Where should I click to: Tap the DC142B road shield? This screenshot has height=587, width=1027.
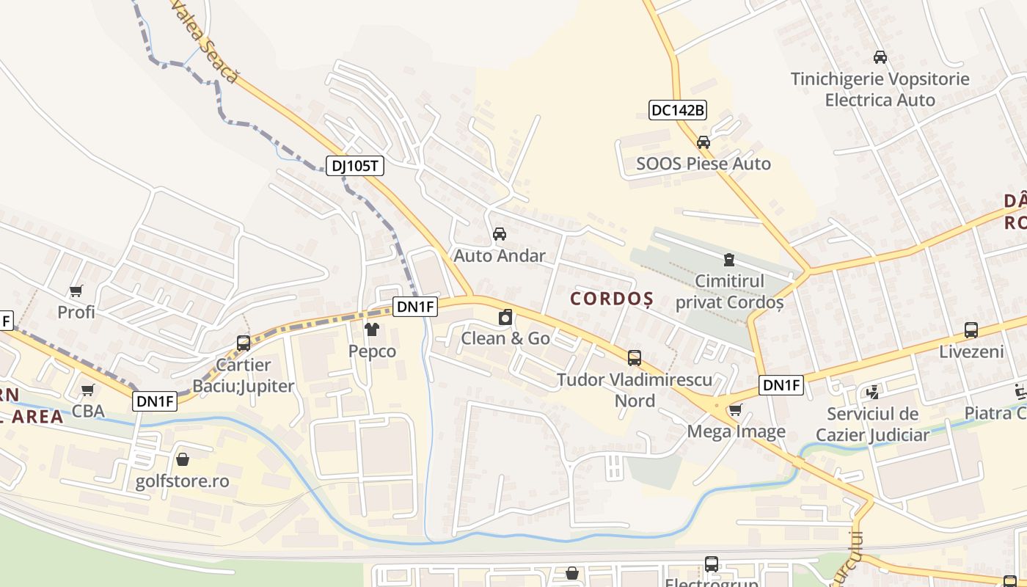pyautogui.click(x=678, y=110)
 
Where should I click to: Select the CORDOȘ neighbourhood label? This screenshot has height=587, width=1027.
pyautogui.click(x=612, y=299)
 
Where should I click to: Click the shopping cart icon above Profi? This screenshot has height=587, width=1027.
pyautogui.click(x=76, y=291)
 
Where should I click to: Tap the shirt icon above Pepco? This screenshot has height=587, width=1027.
pyautogui.click(x=372, y=330)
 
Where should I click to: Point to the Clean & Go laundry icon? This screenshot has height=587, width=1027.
pyautogui.click(x=505, y=318)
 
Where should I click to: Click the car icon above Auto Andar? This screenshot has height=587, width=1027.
pyautogui.click(x=500, y=234)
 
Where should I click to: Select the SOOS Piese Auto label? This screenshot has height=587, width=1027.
pyautogui.click(x=703, y=164)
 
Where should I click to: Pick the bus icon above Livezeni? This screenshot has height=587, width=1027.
pyautogui.click(x=971, y=330)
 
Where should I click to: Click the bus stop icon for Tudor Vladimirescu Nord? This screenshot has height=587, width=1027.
pyautogui.click(x=635, y=358)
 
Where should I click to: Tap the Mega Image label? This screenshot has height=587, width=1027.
pyautogui.click(x=736, y=431)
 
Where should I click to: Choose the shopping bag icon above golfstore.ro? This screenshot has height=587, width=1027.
pyautogui.click(x=183, y=460)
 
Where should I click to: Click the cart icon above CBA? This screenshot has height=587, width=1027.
pyautogui.click(x=88, y=390)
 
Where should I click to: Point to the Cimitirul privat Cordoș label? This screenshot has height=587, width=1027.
pyautogui.click(x=729, y=291)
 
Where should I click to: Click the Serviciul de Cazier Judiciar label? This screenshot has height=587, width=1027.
pyautogui.click(x=878, y=424)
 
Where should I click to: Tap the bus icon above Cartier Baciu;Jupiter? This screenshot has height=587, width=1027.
pyautogui.click(x=244, y=343)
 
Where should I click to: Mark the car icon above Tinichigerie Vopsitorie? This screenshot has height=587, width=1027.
pyautogui.click(x=880, y=57)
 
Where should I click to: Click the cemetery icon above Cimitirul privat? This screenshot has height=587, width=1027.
pyautogui.click(x=729, y=259)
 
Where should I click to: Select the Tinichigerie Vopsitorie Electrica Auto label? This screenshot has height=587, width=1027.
pyautogui.click(x=880, y=90)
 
